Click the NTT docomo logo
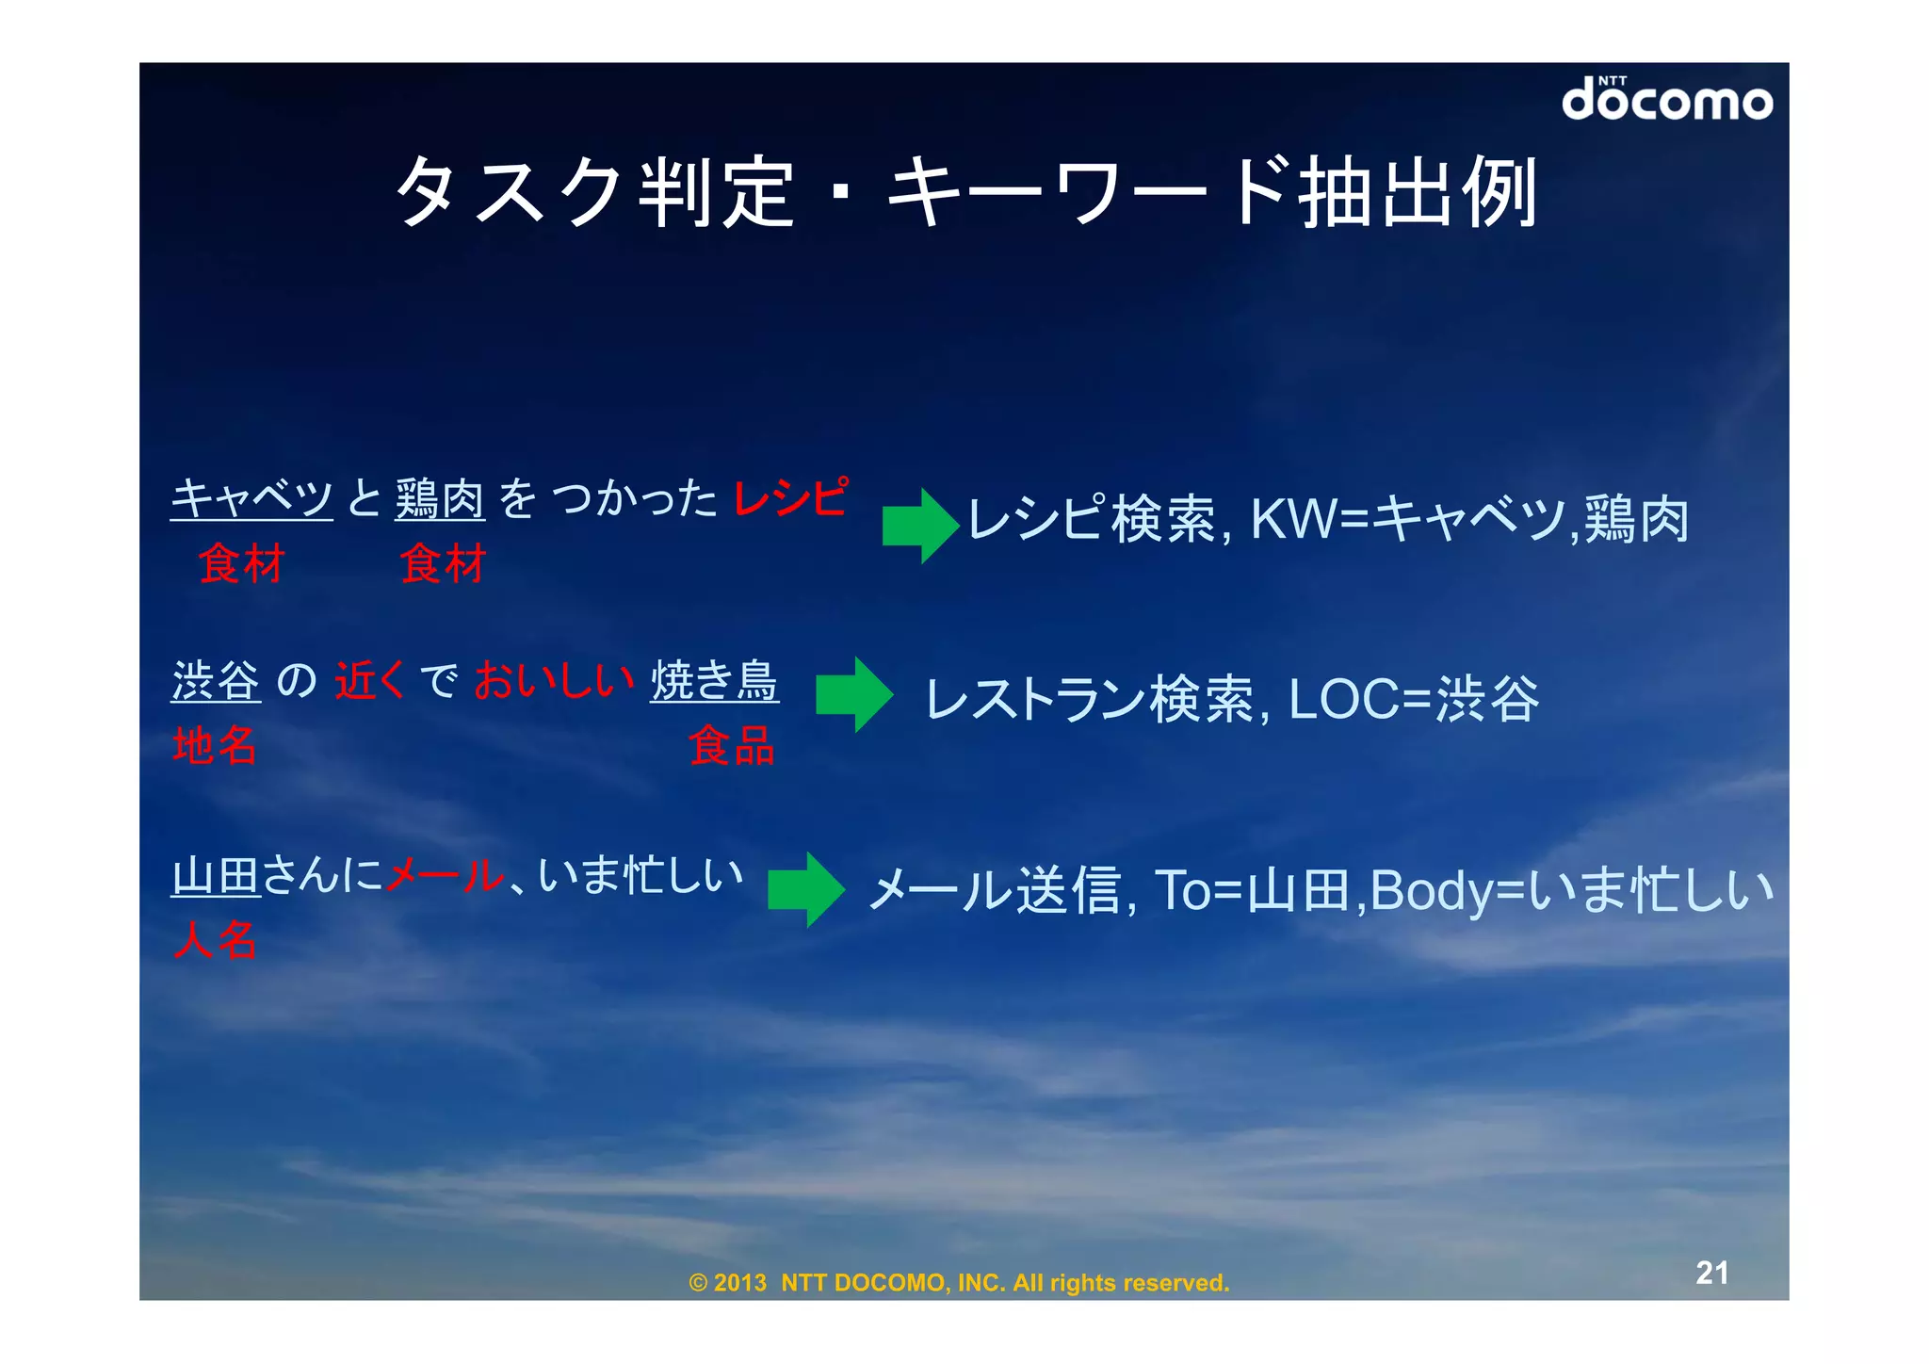pyautogui.click(x=1666, y=99)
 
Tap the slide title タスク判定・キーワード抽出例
pyautogui.click(x=966, y=193)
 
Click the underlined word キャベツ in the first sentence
pyautogui.click(x=251, y=497)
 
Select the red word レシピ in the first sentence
pyautogui.click(x=789, y=497)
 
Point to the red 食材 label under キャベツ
pyautogui.click(x=241, y=564)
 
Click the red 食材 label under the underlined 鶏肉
pyautogui.click(x=443, y=564)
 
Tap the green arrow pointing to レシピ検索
pyautogui.click(x=919, y=526)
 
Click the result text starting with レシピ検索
pyautogui.click(x=1328, y=519)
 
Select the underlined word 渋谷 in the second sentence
pyautogui.click(x=216, y=680)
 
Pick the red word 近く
pyautogui.click(x=369, y=680)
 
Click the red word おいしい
pyautogui.click(x=553, y=680)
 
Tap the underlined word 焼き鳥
pyautogui.click(x=714, y=680)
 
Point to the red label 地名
pyautogui.click(x=215, y=745)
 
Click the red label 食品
pyautogui.click(x=732, y=745)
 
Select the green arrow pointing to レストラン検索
pyautogui.click(x=853, y=694)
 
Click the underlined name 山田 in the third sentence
pyautogui.click(x=216, y=876)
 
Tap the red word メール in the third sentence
pyautogui.click(x=445, y=876)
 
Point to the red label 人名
pyautogui.click(x=215, y=939)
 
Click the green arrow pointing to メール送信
pyautogui.click(x=805, y=890)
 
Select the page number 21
pyautogui.click(x=1711, y=1273)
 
